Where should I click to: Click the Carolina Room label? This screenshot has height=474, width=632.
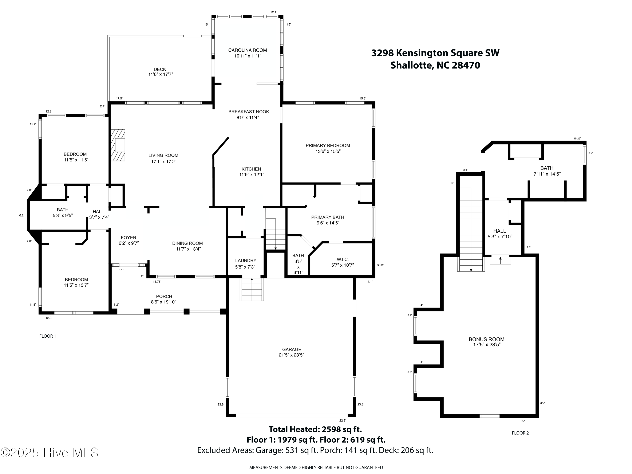tap(248, 50)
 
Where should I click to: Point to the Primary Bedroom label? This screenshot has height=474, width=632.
tap(328, 145)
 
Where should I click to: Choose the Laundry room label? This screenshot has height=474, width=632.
tap(246, 260)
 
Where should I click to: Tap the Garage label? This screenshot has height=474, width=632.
tap(291, 349)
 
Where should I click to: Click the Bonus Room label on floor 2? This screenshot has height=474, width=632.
tap(487, 339)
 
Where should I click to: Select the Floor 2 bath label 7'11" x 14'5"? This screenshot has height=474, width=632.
tap(547, 174)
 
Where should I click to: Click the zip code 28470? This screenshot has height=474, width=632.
tap(466, 66)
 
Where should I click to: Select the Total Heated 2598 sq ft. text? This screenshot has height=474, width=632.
tap(315, 429)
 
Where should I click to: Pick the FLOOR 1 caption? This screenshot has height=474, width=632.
tap(47, 336)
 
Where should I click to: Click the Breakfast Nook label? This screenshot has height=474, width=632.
tap(249, 112)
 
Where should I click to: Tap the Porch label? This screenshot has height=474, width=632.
tap(164, 297)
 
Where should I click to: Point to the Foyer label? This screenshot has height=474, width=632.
tap(129, 238)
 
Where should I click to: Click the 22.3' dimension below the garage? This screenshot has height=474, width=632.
tap(343, 420)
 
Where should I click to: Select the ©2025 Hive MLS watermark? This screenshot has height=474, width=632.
tap(50, 453)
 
